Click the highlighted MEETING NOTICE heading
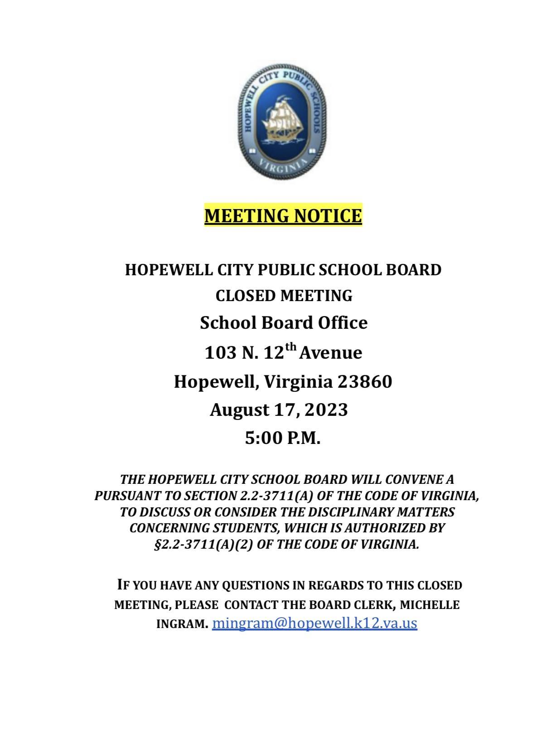[x=283, y=215]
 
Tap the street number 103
[x=221, y=353]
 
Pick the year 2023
[x=326, y=410]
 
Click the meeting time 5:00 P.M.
[x=283, y=438]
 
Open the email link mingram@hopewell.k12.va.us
[x=314, y=623]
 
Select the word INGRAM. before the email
[x=182, y=624]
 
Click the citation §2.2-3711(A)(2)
[x=203, y=544]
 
